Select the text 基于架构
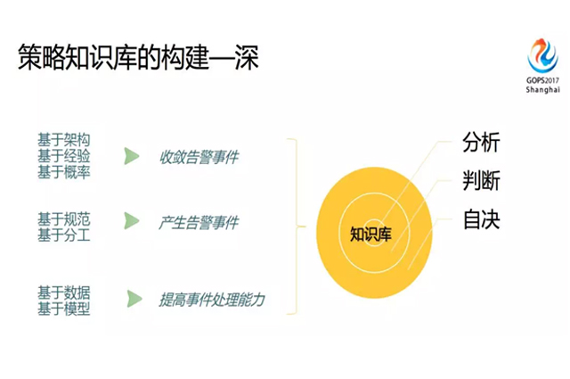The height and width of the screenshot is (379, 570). tap(63, 140)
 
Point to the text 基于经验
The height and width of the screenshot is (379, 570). tap(63, 156)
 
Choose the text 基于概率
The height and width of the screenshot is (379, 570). tap(63, 172)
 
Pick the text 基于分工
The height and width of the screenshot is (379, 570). tap(63, 235)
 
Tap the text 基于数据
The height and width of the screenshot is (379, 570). tap(63, 292)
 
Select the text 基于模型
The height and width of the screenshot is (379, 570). tap(63, 309)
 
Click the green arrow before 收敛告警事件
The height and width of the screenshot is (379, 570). tap(132, 157)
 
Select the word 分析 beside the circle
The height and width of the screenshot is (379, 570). tap(481, 144)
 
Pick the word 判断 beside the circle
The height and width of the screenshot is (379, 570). tap(481, 181)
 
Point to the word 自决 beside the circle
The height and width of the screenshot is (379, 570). tap(481, 219)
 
